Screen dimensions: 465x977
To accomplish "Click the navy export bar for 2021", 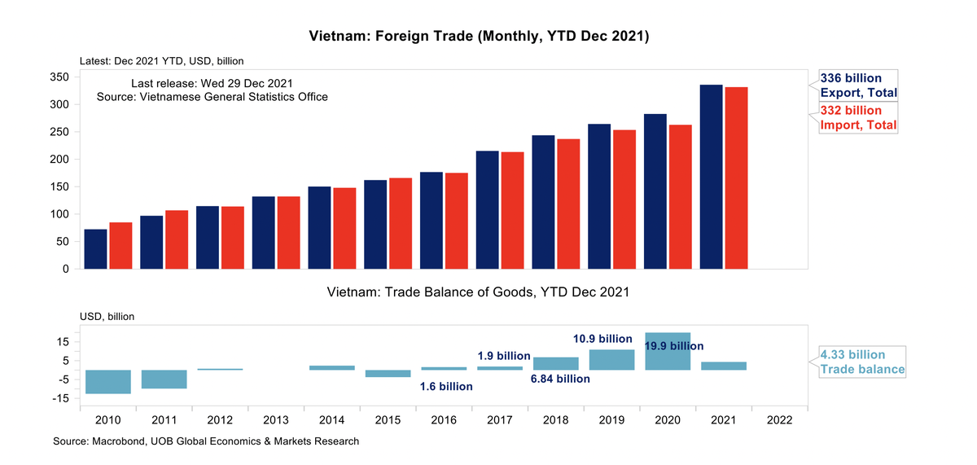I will (712, 177).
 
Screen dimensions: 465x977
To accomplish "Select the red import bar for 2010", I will (120, 245).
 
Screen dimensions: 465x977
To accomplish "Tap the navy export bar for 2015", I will (375, 224).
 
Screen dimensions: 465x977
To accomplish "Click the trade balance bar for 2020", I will (668, 351).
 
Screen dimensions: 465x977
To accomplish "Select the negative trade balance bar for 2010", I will (108, 382).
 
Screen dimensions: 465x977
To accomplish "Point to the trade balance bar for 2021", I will (724, 366).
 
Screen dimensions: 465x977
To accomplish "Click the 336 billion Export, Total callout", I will (857, 86).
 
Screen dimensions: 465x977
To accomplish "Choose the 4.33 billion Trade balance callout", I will (862, 362).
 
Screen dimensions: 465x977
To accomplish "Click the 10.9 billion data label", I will (602, 339).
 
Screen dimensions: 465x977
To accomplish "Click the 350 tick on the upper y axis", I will (58, 77).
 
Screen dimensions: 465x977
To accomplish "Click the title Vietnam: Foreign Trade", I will (479, 37).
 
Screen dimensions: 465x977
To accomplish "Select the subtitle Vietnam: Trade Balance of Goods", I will (478, 292).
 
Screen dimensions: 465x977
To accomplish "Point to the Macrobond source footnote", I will (206, 441).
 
